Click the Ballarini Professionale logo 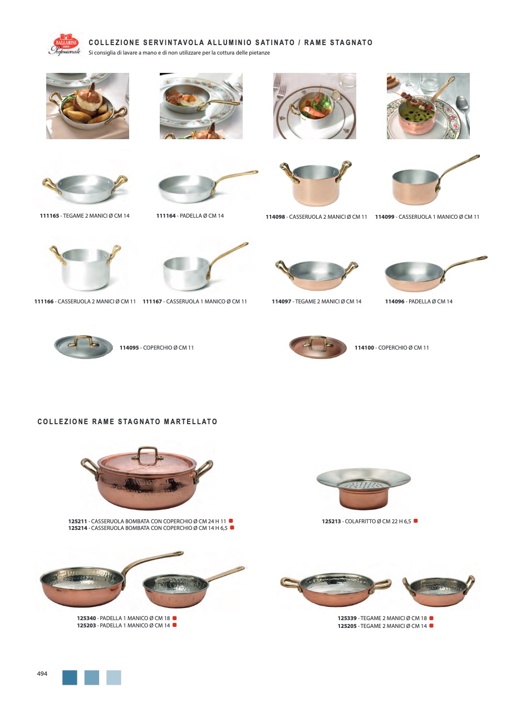click(65, 44)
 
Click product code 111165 click(50, 216)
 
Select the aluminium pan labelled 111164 click(208, 186)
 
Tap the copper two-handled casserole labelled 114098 click(316, 183)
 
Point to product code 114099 click(385, 217)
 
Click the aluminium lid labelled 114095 click(83, 347)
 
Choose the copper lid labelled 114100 click(318, 347)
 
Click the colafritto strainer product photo click(363, 490)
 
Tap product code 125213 click(331, 522)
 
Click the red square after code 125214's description click(232, 528)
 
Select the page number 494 click(42, 674)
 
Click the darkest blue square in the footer click(70, 677)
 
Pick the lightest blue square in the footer click(114, 677)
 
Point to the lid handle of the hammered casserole click(148, 454)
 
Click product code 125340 click(86, 618)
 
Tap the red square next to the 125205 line click(431, 626)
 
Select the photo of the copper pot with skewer click(428, 106)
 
